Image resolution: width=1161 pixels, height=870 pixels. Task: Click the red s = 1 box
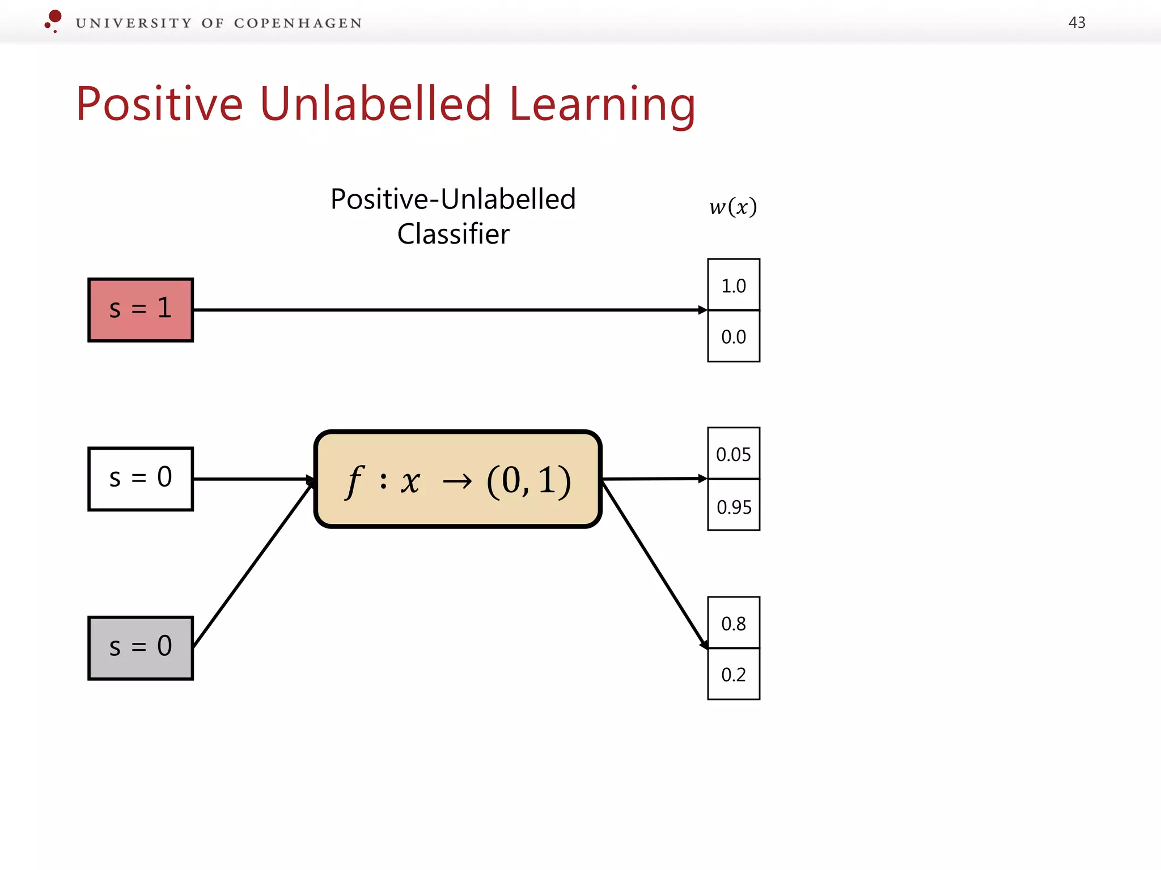[141, 310]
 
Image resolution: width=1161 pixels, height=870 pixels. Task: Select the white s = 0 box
[141, 479]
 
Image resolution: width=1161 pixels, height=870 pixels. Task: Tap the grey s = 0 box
[141, 648]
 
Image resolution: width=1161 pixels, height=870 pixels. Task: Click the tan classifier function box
[457, 479]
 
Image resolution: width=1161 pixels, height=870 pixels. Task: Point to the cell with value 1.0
[733, 285]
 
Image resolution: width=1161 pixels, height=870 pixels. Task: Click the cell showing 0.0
[733, 336]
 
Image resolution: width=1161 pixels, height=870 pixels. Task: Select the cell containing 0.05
[733, 454]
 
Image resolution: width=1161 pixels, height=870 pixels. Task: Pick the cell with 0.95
[733, 506]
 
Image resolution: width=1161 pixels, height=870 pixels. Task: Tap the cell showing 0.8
[733, 623]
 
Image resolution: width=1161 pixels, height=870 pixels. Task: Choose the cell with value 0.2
[733, 674]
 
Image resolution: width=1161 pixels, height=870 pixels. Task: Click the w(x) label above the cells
[732, 207]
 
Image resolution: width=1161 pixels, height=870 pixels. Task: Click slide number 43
[1077, 23]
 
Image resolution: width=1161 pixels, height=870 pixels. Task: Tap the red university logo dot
[55, 16]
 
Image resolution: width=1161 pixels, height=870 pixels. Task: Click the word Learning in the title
[602, 105]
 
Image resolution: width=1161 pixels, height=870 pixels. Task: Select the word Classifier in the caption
[453, 234]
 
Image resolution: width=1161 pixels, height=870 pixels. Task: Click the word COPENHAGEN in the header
[298, 23]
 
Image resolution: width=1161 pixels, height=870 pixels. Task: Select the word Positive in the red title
[159, 105]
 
